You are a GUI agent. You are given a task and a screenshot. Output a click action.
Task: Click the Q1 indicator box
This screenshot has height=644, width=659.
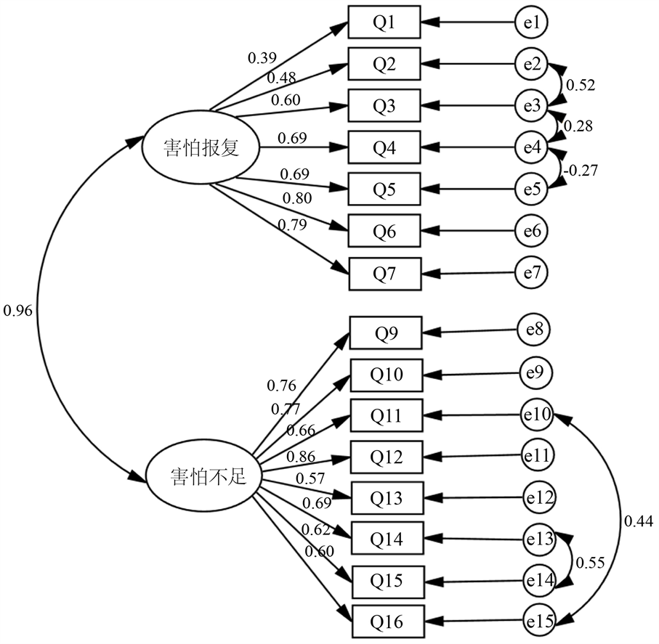384,22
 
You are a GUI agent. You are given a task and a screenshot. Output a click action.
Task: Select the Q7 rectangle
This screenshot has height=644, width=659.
385,274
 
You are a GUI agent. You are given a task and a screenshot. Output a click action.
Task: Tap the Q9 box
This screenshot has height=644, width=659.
386,333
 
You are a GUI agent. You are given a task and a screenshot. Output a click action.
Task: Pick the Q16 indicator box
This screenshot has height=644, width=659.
388,621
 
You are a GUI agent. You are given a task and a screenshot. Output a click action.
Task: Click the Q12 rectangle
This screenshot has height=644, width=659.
387,457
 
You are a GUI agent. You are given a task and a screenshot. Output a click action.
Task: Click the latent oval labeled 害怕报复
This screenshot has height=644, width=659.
201,147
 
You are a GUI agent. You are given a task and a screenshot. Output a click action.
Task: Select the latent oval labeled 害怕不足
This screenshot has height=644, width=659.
204,476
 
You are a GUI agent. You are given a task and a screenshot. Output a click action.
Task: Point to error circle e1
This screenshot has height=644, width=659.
531,22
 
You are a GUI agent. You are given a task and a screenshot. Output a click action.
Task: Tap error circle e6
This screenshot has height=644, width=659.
531,231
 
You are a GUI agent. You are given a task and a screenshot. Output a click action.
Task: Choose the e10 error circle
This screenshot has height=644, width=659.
537,415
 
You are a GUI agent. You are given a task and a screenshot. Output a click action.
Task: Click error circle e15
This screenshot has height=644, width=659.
540,620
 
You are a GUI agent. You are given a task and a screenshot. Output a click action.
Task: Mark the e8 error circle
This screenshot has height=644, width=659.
534,330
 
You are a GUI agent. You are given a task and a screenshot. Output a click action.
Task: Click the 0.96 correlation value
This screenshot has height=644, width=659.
17,311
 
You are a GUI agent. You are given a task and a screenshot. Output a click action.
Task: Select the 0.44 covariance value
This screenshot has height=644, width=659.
639,521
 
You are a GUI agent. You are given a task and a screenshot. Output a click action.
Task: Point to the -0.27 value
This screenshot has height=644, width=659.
581,170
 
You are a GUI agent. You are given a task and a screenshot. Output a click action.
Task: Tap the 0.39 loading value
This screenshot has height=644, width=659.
262,58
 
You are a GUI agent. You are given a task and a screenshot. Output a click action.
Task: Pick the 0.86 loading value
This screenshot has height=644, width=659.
301,456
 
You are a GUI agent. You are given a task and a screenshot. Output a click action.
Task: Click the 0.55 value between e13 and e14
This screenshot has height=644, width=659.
590,563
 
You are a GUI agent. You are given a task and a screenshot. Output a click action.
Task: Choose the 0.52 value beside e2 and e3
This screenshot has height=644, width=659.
581,85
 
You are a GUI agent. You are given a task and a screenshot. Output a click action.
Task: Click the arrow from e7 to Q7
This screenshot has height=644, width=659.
469,274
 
